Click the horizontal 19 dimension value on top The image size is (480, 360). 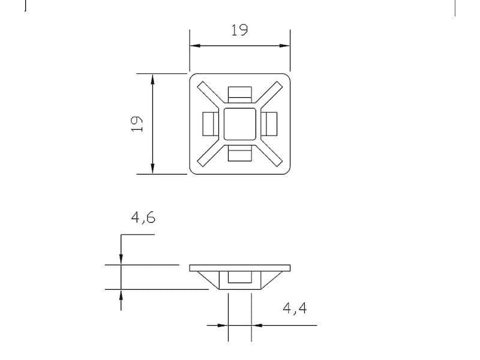[239, 30]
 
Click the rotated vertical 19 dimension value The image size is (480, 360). [137, 124]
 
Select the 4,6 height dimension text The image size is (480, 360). [143, 217]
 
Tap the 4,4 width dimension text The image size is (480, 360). [295, 308]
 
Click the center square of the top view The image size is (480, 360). [240, 124]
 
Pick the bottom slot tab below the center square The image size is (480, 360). [240, 154]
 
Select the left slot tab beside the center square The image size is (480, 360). [210, 124]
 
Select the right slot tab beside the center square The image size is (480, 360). [270, 124]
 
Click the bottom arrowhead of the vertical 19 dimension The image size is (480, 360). [152, 169]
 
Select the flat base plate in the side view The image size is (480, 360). [240, 267]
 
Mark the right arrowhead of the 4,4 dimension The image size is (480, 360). [256, 325]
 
